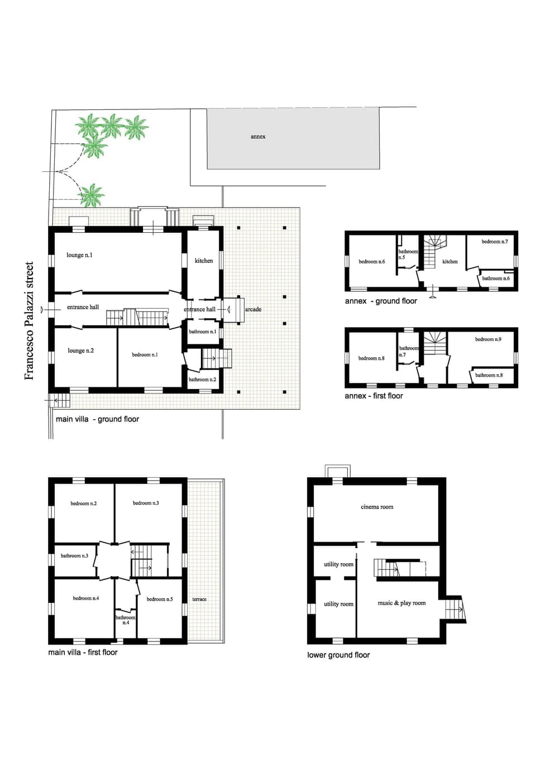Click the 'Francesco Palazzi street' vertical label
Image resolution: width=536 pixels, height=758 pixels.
click(x=30, y=320)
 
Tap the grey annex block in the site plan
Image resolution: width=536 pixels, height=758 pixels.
click(x=293, y=138)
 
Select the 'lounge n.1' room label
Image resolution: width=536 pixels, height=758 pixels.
click(x=79, y=255)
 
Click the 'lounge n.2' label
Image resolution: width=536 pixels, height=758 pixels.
click(x=80, y=351)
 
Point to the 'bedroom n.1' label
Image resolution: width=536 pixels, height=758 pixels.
click(x=145, y=354)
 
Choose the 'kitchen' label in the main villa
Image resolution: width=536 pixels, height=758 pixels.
click(x=204, y=261)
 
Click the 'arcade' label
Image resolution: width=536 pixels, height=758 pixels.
click(x=253, y=309)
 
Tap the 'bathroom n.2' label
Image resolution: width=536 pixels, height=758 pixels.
click(x=202, y=380)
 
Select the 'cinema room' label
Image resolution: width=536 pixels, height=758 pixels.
click(x=377, y=507)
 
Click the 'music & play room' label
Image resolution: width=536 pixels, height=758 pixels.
click(x=401, y=603)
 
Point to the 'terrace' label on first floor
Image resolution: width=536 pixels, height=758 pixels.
click(x=199, y=599)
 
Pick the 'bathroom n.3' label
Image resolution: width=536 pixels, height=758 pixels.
click(x=74, y=555)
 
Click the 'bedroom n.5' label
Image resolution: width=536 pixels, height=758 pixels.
click(x=160, y=599)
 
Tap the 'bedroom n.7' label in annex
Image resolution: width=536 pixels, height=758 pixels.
click(x=495, y=242)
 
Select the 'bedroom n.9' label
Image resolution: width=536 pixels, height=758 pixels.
click(x=488, y=339)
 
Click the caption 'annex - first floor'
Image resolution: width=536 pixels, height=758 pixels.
click(x=374, y=396)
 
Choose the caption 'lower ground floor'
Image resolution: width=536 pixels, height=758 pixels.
click(x=338, y=655)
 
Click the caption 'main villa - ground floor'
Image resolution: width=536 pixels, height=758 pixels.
click(x=97, y=419)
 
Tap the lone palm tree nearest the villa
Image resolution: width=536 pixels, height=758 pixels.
click(x=92, y=195)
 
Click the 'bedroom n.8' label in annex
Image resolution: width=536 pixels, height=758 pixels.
click(x=371, y=358)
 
